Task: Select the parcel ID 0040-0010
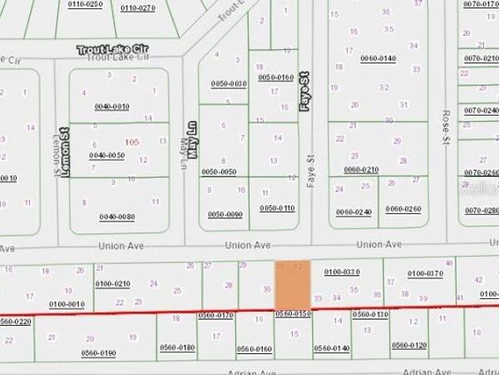112,107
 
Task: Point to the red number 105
131,142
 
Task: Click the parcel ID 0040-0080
116,217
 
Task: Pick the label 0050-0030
229,84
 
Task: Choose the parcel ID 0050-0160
277,77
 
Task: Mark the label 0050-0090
225,214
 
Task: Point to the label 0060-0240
353,212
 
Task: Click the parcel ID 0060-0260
405,209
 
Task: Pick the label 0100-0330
342,272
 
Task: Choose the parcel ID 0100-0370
425,272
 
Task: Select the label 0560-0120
409,345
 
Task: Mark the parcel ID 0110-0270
137,7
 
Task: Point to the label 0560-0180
176,347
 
